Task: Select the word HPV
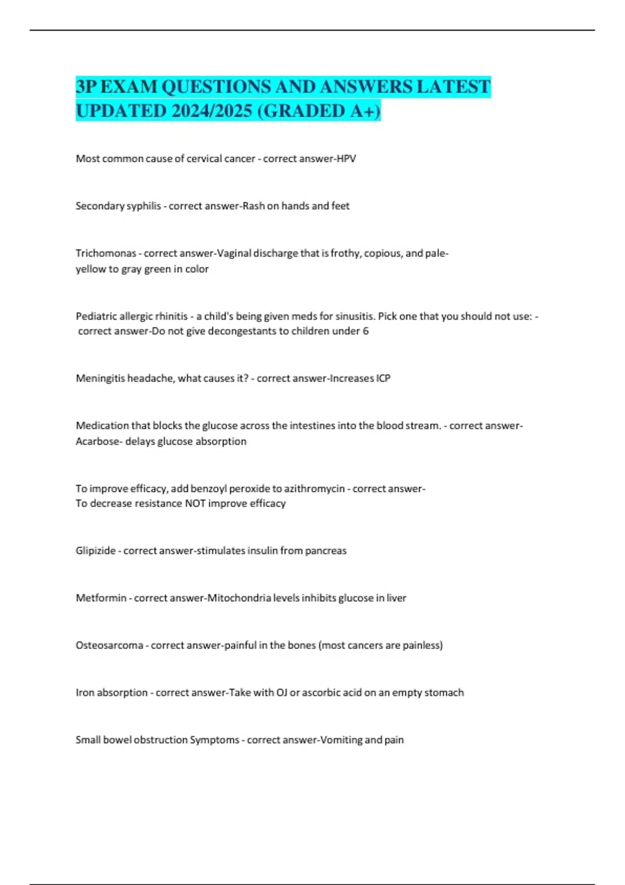click(346, 159)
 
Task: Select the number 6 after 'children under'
click(366, 331)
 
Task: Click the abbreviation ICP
click(383, 378)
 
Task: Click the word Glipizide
click(95, 551)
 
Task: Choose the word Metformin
click(101, 598)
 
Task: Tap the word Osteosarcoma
click(109, 646)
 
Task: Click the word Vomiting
click(341, 740)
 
